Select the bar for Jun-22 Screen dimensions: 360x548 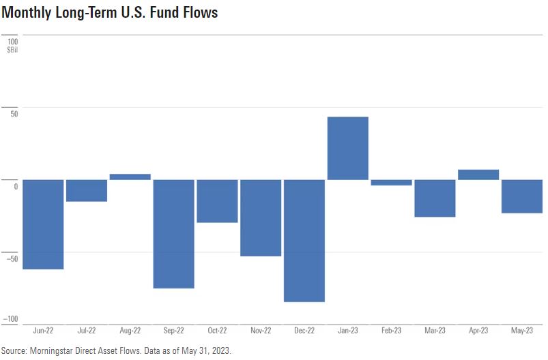coord(43,224)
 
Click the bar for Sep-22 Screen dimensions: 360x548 coord(174,234)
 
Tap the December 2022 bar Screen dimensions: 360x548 coord(304,241)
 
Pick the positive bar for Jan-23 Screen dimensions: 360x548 coord(348,149)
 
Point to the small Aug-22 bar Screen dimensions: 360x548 coord(130,177)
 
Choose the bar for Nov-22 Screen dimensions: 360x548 coord(261,218)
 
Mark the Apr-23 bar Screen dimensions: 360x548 coord(478,175)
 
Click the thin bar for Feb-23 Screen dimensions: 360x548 coord(392,183)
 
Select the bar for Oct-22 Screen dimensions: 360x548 coord(217,201)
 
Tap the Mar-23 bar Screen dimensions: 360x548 coord(435,198)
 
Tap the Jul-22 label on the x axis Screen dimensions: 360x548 coord(87,331)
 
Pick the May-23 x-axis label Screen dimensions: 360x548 coord(522,331)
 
